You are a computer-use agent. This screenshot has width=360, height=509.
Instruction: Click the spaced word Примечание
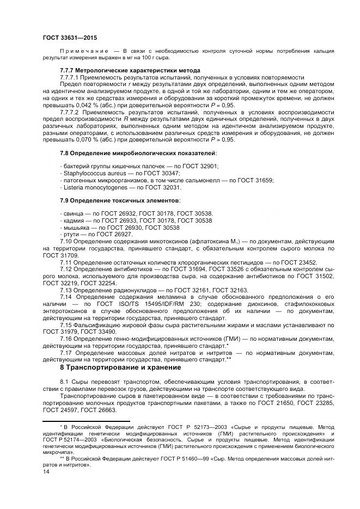[x=80, y=51]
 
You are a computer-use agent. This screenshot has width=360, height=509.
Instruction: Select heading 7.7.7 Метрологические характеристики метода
[x=122, y=71]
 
